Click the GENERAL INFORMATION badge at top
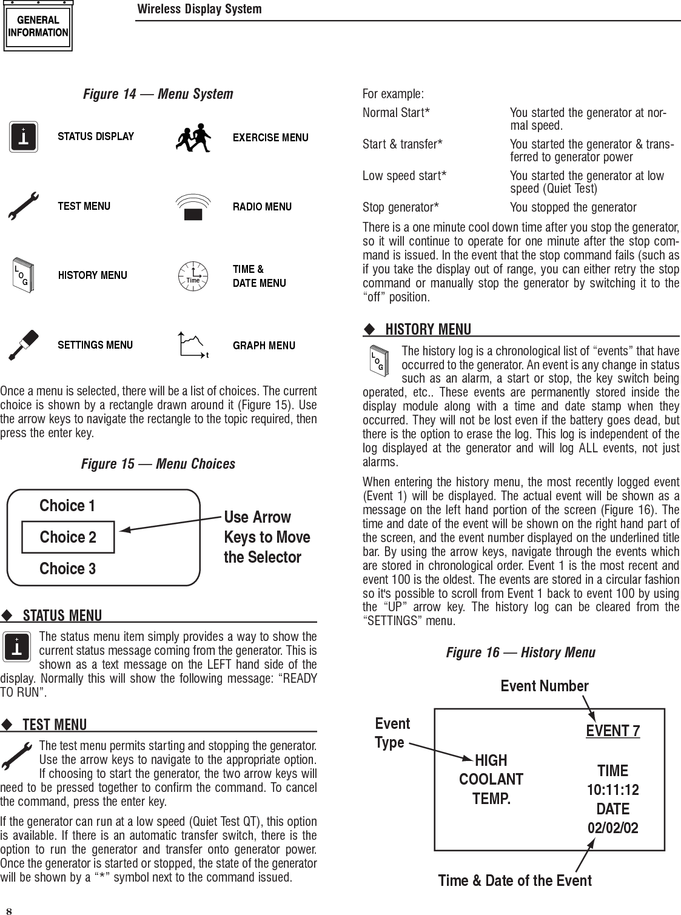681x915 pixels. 38,27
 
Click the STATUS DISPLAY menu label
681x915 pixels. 96,136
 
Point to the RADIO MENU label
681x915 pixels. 262,207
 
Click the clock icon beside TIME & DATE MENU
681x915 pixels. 193,277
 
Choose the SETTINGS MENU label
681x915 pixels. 95,345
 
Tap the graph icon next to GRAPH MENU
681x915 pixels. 193,345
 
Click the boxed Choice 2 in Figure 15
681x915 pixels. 68,537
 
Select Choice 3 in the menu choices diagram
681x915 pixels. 67,569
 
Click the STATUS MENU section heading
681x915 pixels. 62,616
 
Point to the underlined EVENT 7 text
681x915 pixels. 612,731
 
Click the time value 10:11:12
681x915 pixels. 612,790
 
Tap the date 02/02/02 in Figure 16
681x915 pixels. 612,828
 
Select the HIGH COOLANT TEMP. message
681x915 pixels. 491,779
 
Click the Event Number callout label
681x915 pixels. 544,686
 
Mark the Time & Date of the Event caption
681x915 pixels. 515,880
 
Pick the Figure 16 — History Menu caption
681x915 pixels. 520,652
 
